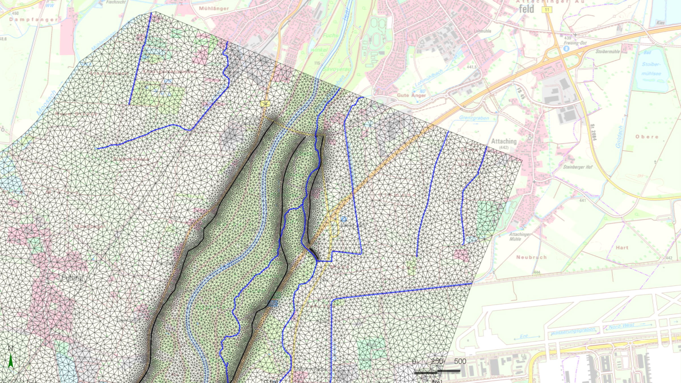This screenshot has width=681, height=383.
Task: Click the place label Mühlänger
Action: [214, 9]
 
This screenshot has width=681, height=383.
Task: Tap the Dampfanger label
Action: [33, 20]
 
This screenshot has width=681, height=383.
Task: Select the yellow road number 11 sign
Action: [547, 10]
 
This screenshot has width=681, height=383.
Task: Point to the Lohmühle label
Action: [482, 31]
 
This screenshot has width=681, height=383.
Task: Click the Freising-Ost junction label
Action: [575, 43]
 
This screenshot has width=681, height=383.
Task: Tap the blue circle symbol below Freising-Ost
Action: [566, 49]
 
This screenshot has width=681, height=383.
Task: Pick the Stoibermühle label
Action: [608, 52]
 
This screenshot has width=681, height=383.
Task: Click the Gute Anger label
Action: [411, 95]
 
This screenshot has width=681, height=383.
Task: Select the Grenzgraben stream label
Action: [474, 118]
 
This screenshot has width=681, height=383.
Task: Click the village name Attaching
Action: [504, 141]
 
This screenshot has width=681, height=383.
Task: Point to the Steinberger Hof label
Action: [578, 167]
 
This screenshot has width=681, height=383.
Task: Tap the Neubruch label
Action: [531, 257]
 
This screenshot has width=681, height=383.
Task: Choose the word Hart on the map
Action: [622, 248]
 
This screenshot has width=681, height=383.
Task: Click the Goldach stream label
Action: [619, 137]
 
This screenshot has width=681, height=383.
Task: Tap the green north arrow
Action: [11, 361]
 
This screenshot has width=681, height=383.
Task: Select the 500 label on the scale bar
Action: [460, 361]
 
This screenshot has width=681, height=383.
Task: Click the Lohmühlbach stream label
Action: [428, 78]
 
